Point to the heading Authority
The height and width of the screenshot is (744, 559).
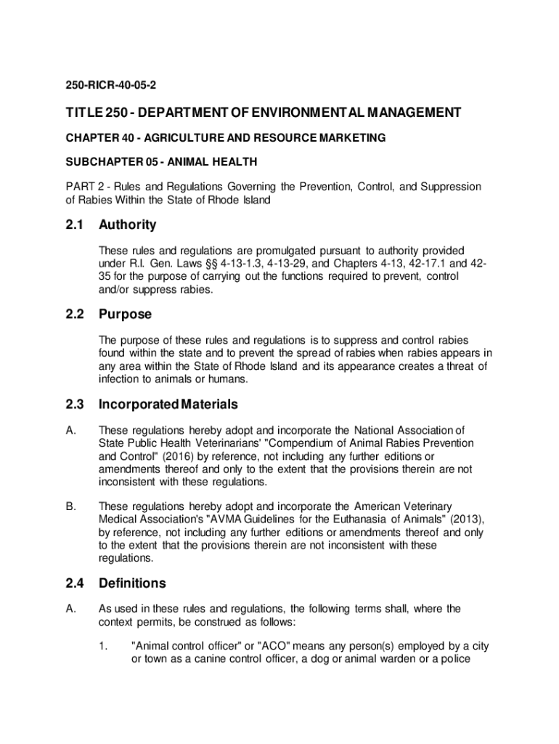point(127,225)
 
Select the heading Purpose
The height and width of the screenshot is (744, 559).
point(125,315)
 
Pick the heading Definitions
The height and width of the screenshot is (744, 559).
point(132,583)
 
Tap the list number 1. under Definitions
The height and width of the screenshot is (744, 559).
point(104,645)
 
